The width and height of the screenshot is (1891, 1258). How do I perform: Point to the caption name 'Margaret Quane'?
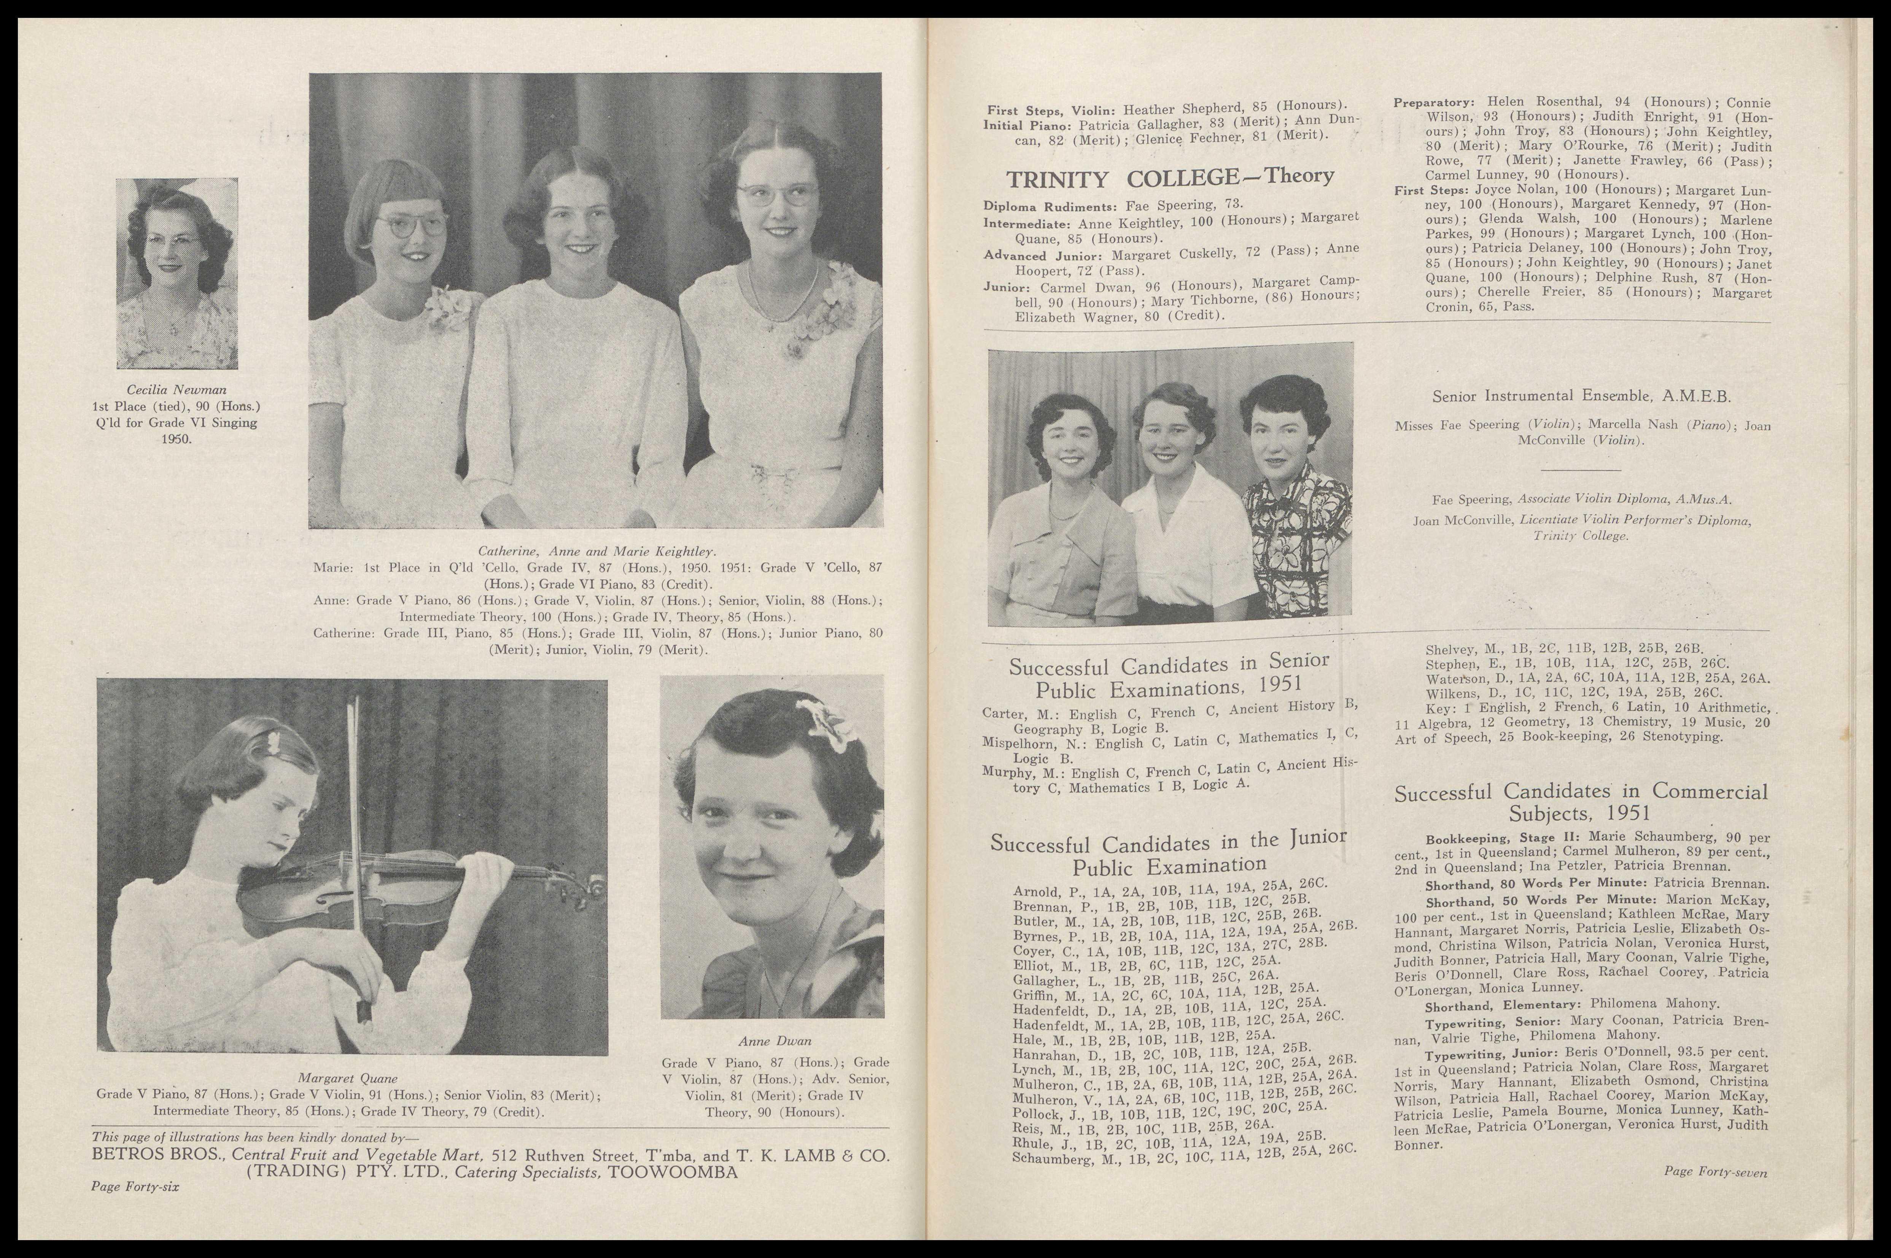tap(348, 1078)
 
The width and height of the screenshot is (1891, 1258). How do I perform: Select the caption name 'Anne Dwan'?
tap(775, 1041)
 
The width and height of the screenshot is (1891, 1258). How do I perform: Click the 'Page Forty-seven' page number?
tap(1715, 1172)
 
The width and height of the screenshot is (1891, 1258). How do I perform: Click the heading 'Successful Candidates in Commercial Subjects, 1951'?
tap(1581, 802)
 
